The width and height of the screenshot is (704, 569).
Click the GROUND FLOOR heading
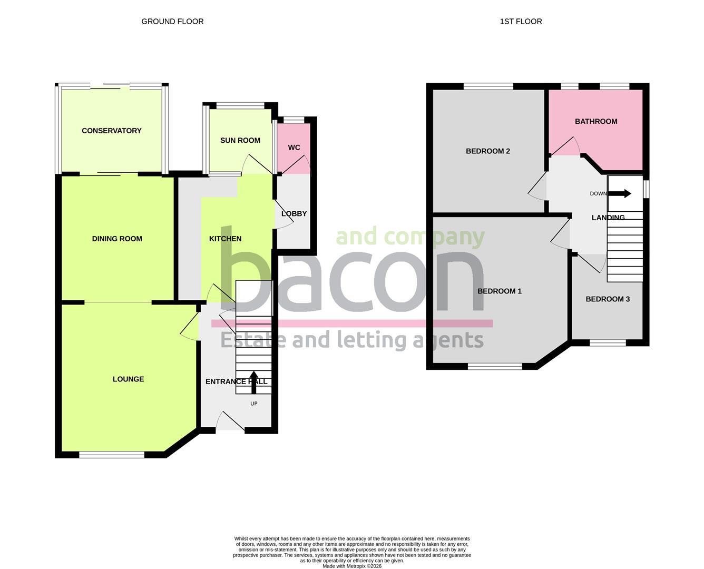(x=172, y=22)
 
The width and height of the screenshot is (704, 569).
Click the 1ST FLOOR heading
(x=521, y=22)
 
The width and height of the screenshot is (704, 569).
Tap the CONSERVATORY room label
(x=112, y=131)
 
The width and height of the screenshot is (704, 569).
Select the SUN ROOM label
(x=240, y=140)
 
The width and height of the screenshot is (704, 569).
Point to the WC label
(x=294, y=148)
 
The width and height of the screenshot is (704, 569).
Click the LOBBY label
(x=294, y=214)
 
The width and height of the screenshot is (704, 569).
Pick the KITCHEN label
(x=226, y=239)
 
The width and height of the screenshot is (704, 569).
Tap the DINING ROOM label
(x=117, y=239)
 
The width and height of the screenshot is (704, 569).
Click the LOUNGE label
(x=128, y=379)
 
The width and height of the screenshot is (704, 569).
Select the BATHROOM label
(x=596, y=121)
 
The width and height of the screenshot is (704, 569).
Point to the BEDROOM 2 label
(x=488, y=151)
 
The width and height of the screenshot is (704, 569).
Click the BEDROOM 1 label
(x=500, y=291)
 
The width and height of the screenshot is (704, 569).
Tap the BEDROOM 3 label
(x=608, y=299)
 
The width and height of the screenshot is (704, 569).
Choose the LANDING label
(x=608, y=218)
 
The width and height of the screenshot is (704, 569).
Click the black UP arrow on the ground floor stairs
(x=253, y=382)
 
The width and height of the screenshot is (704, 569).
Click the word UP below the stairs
(x=254, y=404)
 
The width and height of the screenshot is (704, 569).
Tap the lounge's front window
(x=112, y=455)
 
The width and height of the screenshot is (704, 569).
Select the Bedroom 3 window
(x=608, y=343)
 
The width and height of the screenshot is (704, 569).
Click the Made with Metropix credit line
(x=352, y=566)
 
